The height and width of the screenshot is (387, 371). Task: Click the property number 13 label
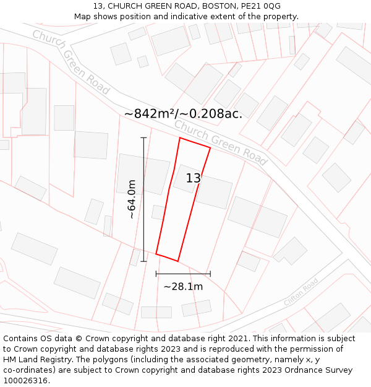pos(193,178)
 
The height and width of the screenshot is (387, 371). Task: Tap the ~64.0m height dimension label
pos(132,199)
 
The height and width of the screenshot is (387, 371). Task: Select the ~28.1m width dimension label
pos(183,287)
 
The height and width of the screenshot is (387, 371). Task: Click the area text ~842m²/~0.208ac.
pos(183,114)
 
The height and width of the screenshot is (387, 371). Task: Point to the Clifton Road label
pos(301,292)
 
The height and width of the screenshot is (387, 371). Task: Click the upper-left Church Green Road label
pos(70,62)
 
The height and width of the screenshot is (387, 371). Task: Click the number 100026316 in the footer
pos(25,381)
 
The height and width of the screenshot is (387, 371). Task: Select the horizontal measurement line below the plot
pos(183,273)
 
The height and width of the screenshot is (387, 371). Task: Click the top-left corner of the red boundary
pos(180,138)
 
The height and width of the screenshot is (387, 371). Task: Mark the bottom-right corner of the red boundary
pos(178,261)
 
